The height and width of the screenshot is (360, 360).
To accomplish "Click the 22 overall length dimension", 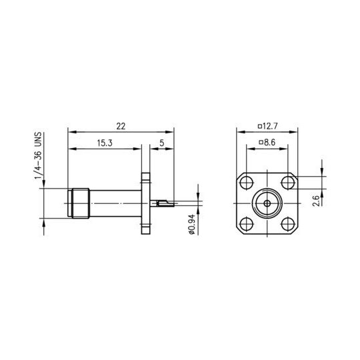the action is coord(121,126).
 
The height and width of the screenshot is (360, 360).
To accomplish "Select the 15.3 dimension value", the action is coord(105,143).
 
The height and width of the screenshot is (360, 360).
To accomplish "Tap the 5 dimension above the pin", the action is coord(162,143).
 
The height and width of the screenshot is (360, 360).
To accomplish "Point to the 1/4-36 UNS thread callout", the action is coord(38,157).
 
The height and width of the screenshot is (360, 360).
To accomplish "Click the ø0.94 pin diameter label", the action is coord(192,224).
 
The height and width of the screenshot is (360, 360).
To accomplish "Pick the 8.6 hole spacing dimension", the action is coord(269,143).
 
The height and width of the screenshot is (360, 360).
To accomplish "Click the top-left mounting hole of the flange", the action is coord(247,183).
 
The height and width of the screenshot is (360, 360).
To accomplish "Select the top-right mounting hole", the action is coord(288,183).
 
